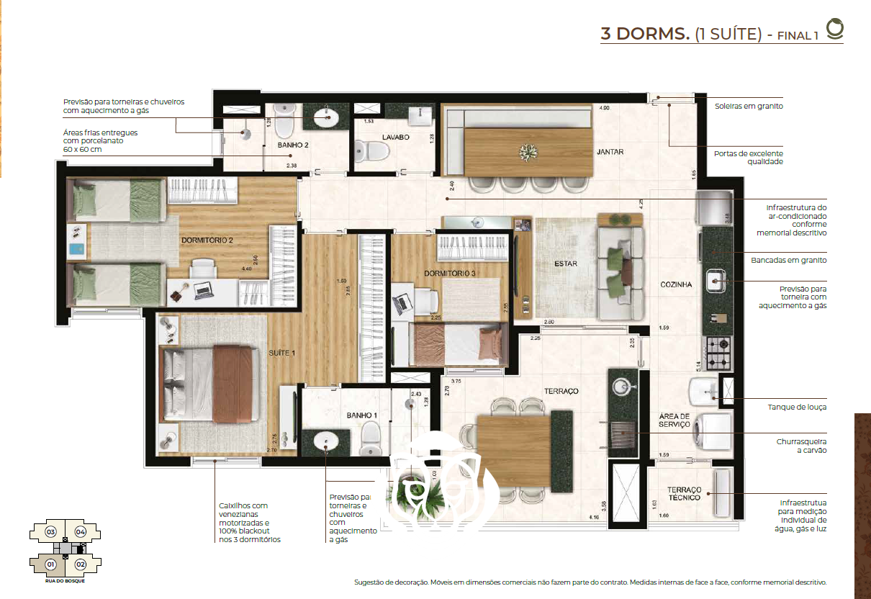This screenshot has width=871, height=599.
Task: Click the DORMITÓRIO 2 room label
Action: coord(207,240)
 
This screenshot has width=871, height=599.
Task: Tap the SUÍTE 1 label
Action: coord(282,353)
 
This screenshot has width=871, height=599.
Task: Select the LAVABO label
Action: coord(396,136)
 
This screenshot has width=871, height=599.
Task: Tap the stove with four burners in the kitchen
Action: coord(718,353)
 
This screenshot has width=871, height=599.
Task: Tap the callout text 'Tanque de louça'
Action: coord(797,407)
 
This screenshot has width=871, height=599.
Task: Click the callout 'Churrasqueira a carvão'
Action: coord(801,445)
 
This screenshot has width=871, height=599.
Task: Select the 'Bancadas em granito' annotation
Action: coord(788,260)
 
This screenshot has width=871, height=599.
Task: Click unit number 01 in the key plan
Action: coord(51,564)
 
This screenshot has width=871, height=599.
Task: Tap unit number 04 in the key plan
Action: coord(80,532)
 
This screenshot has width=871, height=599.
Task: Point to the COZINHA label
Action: coord(676,284)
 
